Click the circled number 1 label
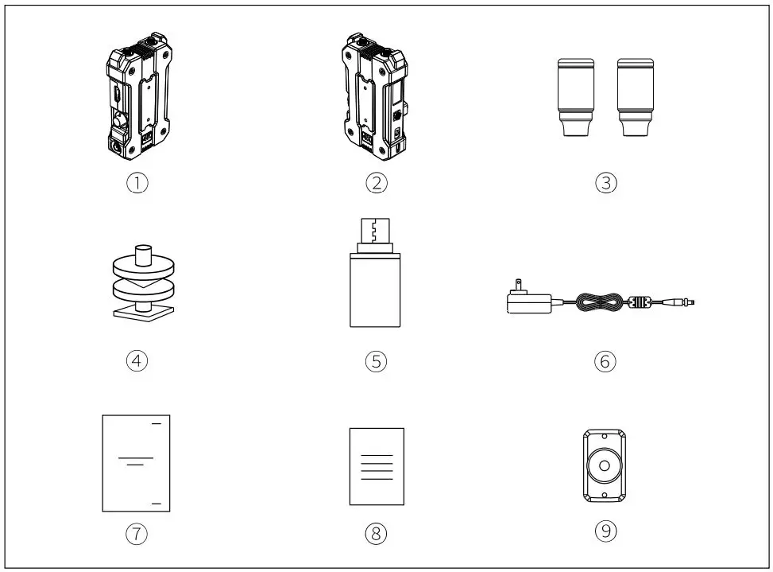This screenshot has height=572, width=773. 139,182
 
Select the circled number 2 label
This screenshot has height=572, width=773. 376,182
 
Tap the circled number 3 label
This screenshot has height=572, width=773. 606,182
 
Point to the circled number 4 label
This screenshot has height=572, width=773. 139,360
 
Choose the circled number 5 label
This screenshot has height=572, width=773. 376,360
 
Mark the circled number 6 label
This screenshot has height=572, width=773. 605,360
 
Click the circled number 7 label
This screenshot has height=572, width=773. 139,532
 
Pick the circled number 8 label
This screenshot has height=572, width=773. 376,532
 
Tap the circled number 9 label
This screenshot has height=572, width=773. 605,529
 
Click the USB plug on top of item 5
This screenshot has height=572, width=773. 375,230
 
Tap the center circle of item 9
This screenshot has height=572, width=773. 605,466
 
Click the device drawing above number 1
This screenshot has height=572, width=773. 138,99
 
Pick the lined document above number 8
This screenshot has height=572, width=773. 377,466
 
